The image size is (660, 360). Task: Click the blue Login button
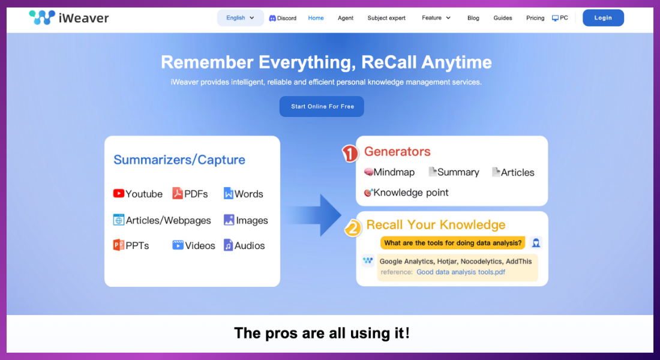(x=603, y=18)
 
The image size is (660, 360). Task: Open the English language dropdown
(x=240, y=18)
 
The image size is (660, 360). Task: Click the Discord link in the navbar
(x=283, y=18)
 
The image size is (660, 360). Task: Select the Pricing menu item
(x=535, y=18)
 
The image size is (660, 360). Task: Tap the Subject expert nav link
(x=386, y=18)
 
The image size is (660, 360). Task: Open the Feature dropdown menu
(x=436, y=18)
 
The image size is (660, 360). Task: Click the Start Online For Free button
(x=322, y=106)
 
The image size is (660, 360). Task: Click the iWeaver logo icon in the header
(x=41, y=17)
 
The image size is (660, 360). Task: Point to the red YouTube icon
(x=119, y=194)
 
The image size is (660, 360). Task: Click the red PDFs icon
(x=178, y=193)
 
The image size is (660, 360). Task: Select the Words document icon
(x=229, y=194)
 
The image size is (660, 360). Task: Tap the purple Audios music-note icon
(x=228, y=245)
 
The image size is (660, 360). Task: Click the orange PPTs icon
(x=119, y=245)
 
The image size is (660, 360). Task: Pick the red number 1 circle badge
(x=350, y=154)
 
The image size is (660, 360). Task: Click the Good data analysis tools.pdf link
(x=461, y=272)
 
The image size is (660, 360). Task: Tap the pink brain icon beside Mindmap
(x=368, y=172)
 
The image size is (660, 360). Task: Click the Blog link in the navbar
(x=473, y=18)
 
